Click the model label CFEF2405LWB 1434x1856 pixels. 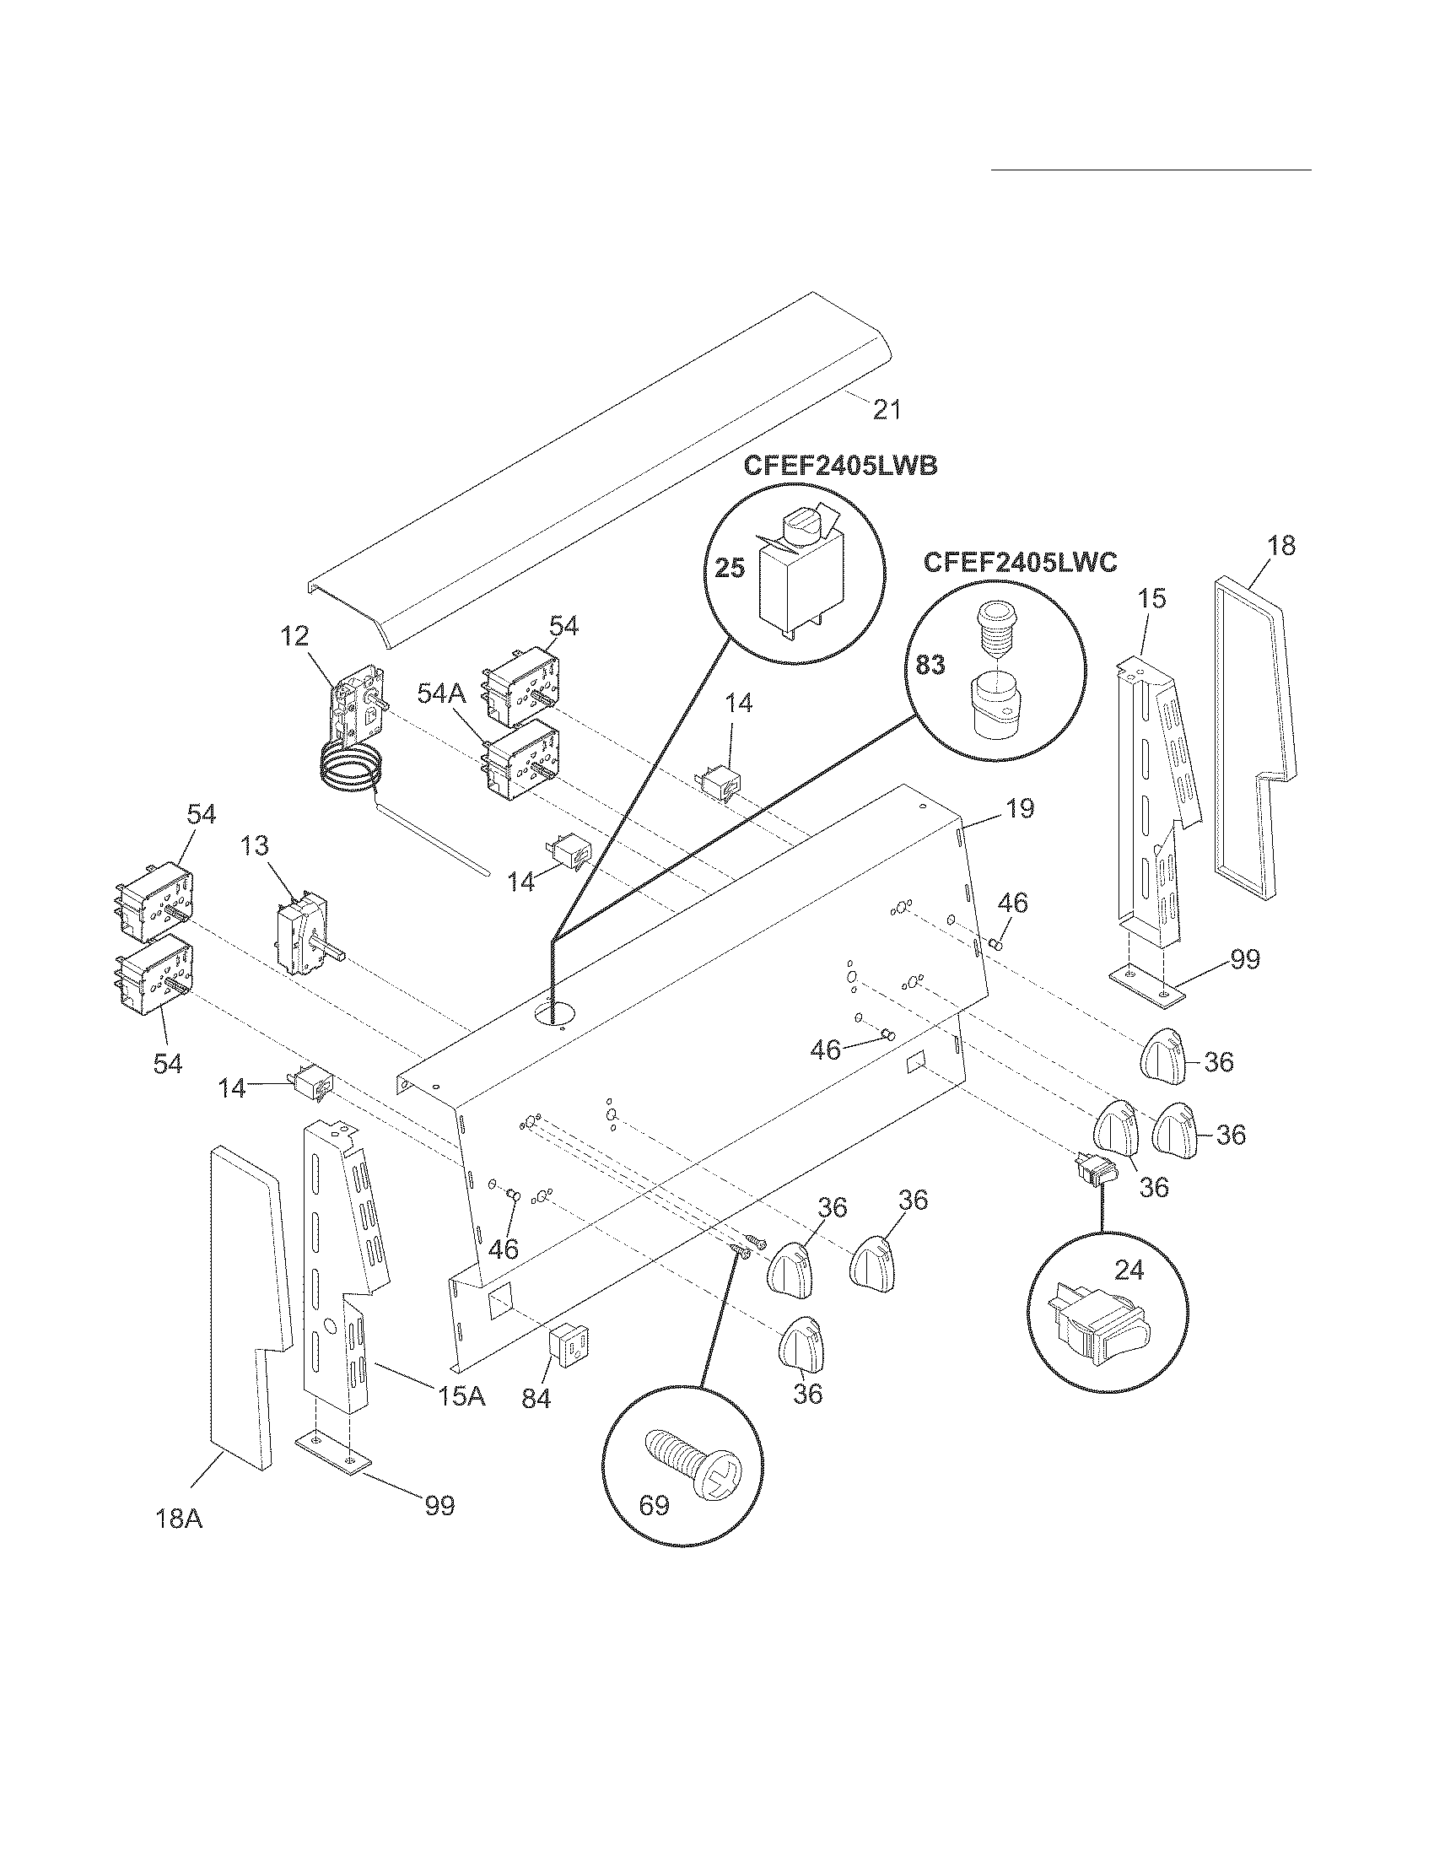840,466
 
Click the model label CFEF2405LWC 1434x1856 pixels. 1020,563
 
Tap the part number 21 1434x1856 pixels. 886,410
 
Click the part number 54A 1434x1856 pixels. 441,693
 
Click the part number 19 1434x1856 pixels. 1020,808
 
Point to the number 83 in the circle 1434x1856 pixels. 930,664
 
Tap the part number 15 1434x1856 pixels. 1152,598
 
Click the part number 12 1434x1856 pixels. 294,634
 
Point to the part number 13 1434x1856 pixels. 254,845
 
